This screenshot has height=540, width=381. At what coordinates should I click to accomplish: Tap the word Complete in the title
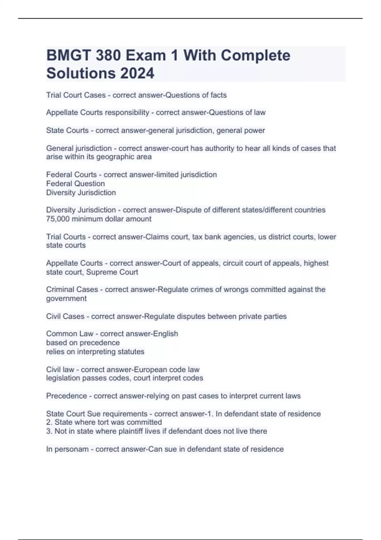click(255, 56)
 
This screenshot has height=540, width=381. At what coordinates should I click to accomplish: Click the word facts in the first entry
click(218, 95)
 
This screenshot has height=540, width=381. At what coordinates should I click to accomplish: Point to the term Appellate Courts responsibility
click(97, 112)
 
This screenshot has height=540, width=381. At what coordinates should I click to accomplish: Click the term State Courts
click(67, 131)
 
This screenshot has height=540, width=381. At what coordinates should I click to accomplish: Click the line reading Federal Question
click(75, 184)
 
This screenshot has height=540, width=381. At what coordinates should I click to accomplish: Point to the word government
click(66, 299)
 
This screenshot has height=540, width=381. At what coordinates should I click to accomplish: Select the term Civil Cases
click(65, 316)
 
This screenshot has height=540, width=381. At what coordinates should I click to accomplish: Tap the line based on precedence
click(83, 343)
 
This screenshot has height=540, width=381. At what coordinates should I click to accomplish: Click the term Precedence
click(66, 396)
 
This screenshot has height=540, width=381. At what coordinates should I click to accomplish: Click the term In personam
click(67, 449)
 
